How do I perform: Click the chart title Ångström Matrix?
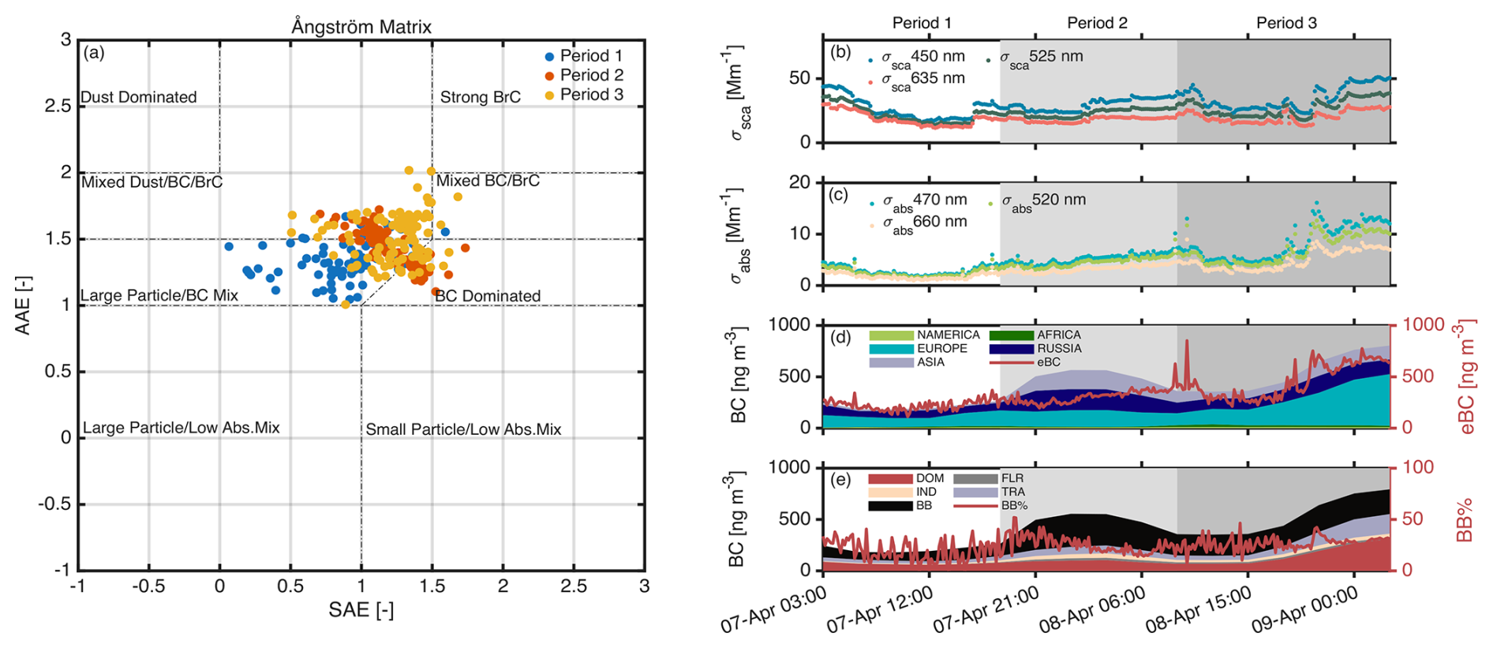pos(361,27)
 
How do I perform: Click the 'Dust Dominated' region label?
pos(139,97)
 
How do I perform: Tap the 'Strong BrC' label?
pos(480,97)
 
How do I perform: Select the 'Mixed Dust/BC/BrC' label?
pos(152,182)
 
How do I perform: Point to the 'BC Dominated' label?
pos(488,296)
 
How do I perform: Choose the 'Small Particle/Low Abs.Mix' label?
pos(463,429)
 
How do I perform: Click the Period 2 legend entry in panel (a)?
pos(591,75)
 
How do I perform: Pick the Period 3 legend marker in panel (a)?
pos(549,95)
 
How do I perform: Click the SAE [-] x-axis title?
pos(361,610)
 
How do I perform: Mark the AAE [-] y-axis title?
pos(23,305)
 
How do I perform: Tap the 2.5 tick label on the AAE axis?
pos(58,106)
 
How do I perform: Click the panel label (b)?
pos(840,52)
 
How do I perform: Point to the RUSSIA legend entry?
pos(1059,348)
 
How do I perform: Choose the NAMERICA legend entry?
pos(948,335)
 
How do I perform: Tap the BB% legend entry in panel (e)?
pos(1014,505)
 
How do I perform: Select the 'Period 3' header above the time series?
pos(1286,23)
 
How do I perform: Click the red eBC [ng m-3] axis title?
pos(1468,377)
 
